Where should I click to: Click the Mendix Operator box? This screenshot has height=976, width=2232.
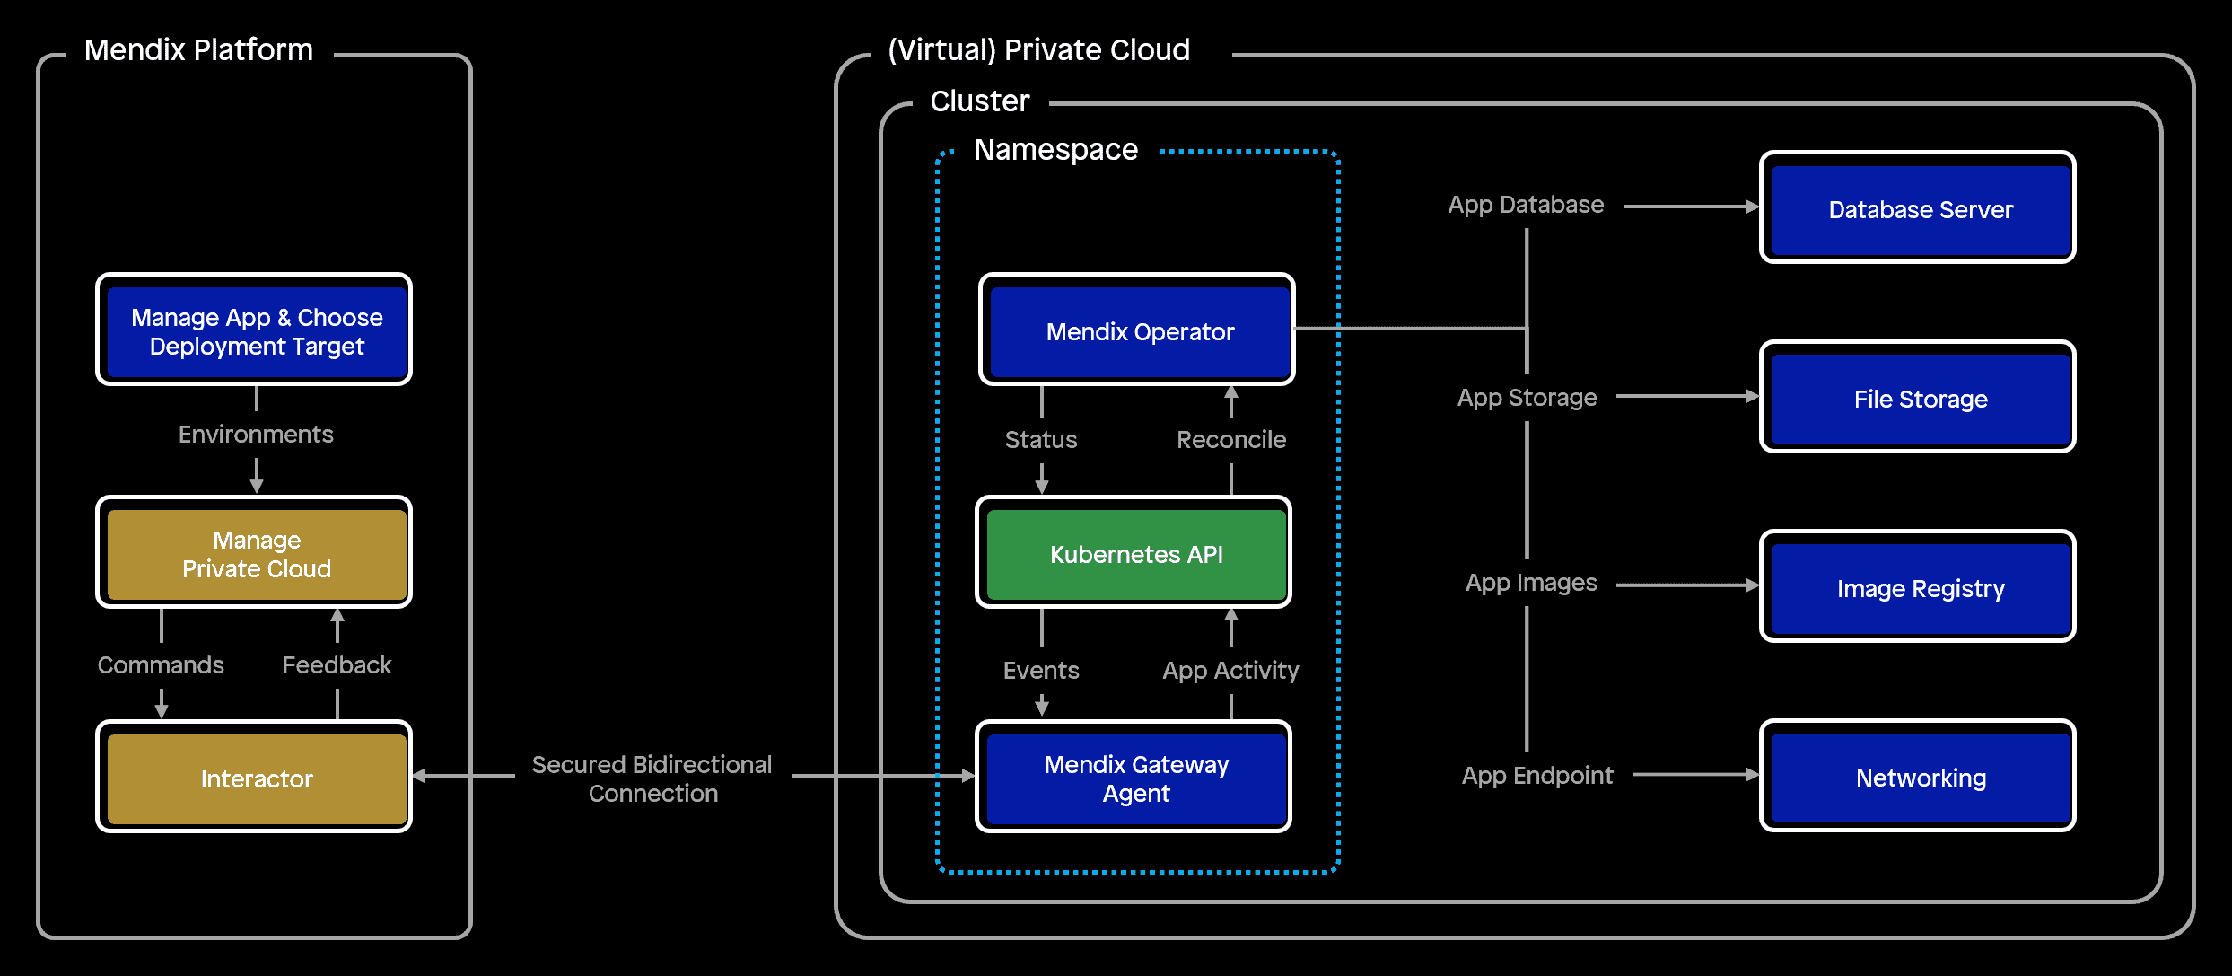pos(1137,330)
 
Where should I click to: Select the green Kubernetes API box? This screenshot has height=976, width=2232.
pos(1134,553)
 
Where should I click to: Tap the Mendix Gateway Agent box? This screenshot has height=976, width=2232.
pos(1134,778)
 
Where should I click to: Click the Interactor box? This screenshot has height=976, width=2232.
pos(255,778)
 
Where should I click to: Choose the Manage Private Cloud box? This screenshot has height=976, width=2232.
pos(255,553)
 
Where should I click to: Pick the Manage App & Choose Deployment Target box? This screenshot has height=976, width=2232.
pos(255,330)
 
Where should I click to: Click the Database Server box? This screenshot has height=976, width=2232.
pos(1919,208)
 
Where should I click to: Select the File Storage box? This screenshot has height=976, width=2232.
pos(1919,398)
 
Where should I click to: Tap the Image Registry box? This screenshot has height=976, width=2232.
pos(1919,587)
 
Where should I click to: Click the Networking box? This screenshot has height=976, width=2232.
pos(1919,777)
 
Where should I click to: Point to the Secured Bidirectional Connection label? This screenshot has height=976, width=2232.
pos(652,778)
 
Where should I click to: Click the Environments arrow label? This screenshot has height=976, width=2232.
pos(256,435)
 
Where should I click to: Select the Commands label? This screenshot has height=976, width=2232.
pos(161,665)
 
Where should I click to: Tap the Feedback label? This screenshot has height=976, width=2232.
pos(337,665)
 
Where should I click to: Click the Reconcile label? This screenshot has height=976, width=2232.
pos(1230,440)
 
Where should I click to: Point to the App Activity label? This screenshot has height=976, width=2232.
pos(1230,671)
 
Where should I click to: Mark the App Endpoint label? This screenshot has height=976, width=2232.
pos(1536,776)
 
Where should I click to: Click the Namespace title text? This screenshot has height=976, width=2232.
pos(1055,150)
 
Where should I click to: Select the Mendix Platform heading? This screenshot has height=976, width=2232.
pos(198,50)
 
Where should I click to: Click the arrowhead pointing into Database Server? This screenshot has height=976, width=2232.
pos(1752,207)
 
